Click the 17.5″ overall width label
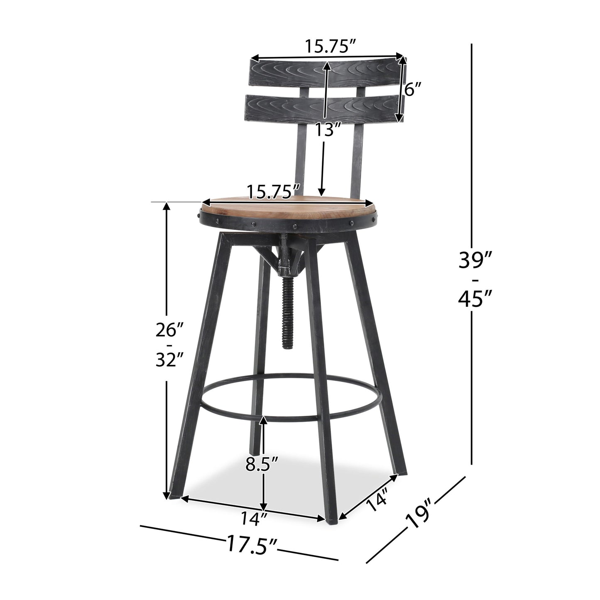251,543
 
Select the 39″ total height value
475,261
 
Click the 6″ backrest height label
413,89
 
